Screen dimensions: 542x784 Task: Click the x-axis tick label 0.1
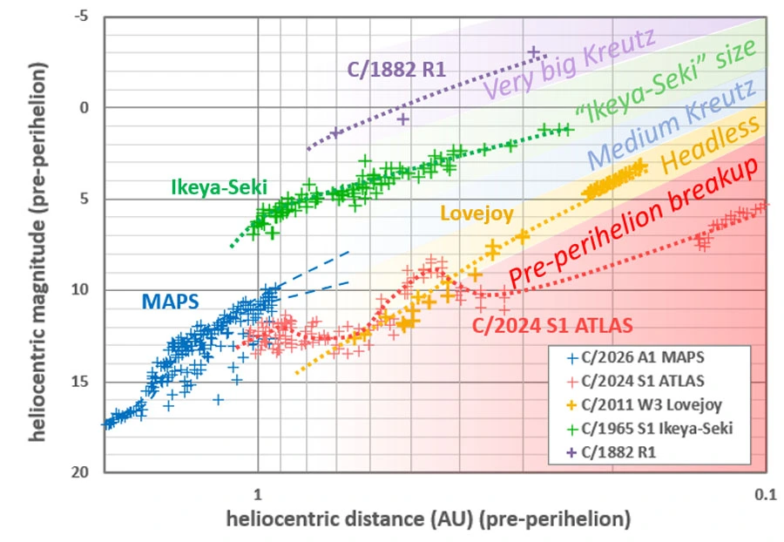click(765, 493)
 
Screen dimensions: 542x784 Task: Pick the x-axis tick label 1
click(258, 493)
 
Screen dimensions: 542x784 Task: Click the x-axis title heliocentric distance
click(428, 519)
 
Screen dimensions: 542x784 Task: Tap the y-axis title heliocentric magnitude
click(37, 244)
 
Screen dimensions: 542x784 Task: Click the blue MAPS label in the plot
click(170, 301)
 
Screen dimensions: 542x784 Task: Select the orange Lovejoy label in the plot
click(476, 213)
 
